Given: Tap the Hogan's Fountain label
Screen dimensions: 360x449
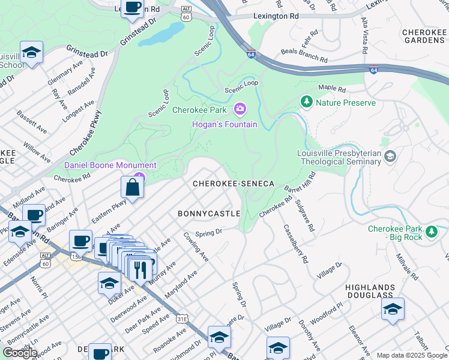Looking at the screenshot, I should coord(224,124).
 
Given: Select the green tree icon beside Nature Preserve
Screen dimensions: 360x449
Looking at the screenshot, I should coord(307,102).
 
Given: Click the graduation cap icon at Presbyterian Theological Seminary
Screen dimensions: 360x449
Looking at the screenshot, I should coord(390,157).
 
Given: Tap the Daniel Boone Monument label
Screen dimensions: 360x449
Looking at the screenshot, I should coord(110,165).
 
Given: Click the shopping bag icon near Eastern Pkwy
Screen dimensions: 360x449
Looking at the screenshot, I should coord(131,187).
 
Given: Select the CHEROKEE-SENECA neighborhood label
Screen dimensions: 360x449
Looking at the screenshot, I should coord(233,184).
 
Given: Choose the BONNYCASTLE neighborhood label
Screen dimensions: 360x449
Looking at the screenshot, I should coord(209,214).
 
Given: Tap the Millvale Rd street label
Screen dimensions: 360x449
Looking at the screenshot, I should coord(406,267).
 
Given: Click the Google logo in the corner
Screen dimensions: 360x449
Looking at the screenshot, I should coord(20,353).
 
